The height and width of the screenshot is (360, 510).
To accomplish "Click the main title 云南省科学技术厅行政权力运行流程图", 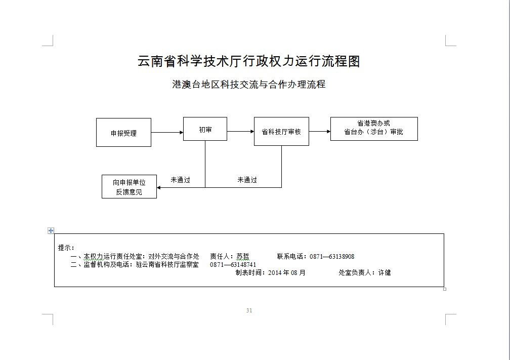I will pos(248,62).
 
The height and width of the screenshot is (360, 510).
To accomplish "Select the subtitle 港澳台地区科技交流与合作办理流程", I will pos(248,85).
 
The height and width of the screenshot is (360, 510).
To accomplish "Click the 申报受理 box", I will pos(123,133).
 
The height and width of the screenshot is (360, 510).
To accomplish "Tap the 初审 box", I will pos(205,130).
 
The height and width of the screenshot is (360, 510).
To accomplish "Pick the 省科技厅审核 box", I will pos(281,132).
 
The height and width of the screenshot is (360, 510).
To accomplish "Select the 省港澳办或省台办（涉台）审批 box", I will pos(374,129).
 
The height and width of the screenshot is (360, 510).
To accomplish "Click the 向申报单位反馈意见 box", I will pos(129,187).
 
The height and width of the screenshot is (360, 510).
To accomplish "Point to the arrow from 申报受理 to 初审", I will pos(167,133).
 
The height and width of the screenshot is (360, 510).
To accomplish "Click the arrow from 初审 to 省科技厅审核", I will pos(240,132).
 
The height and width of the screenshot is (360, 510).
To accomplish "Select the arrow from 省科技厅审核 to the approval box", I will pos(319,132).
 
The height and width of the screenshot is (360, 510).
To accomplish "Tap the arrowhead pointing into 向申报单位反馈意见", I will pos(159,187).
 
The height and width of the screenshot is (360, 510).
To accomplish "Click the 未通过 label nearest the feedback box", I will pos(180,180).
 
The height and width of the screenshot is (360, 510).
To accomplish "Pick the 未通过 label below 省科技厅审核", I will pos(247,180).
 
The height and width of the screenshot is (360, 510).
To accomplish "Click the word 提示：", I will pos(66,248).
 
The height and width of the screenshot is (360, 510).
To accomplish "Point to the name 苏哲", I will pos(243,257).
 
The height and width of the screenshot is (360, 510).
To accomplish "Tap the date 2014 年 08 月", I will pos(287,272).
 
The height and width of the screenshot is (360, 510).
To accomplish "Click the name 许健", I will pos(385,272).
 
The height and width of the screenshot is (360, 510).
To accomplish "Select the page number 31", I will pos(249,310).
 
